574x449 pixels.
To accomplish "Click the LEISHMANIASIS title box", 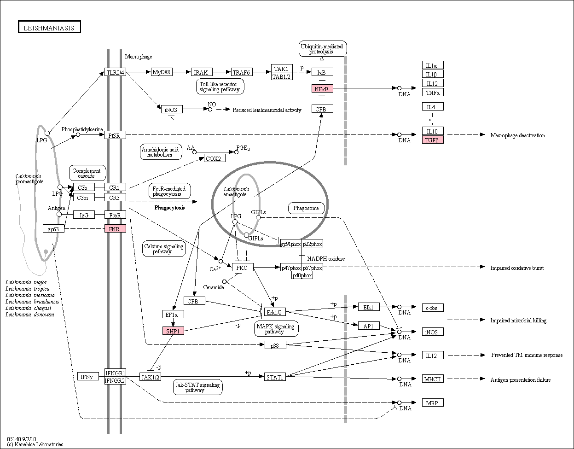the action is click(49, 27).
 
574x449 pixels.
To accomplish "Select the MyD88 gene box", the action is click(162, 72).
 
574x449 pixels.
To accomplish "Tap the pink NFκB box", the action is click(322, 88).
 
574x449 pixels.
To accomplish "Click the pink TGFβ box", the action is click(433, 140).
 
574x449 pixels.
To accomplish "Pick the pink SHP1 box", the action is click(173, 331).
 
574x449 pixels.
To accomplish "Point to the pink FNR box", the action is click(115, 228).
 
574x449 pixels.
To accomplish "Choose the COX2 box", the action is click(215, 158).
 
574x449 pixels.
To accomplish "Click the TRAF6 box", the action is click(242, 72).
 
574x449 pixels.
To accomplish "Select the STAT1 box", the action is click(275, 377).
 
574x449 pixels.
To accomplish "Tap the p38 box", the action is click(275, 345).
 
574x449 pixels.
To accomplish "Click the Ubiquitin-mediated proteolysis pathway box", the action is click(323, 49).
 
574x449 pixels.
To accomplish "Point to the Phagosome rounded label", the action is click(307, 208).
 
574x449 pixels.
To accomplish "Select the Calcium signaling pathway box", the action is click(164, 248).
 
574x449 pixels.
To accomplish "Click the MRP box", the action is click(433, 403).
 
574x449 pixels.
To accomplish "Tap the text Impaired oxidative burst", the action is click(517, 268).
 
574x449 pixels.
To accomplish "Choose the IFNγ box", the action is click(88, 376).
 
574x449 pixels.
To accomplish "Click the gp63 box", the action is click(53, 228).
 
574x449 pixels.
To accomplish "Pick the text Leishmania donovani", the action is click(30, 315).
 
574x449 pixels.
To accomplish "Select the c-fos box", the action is click(433, 308).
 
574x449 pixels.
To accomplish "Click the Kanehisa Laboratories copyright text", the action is click(35, 444).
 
